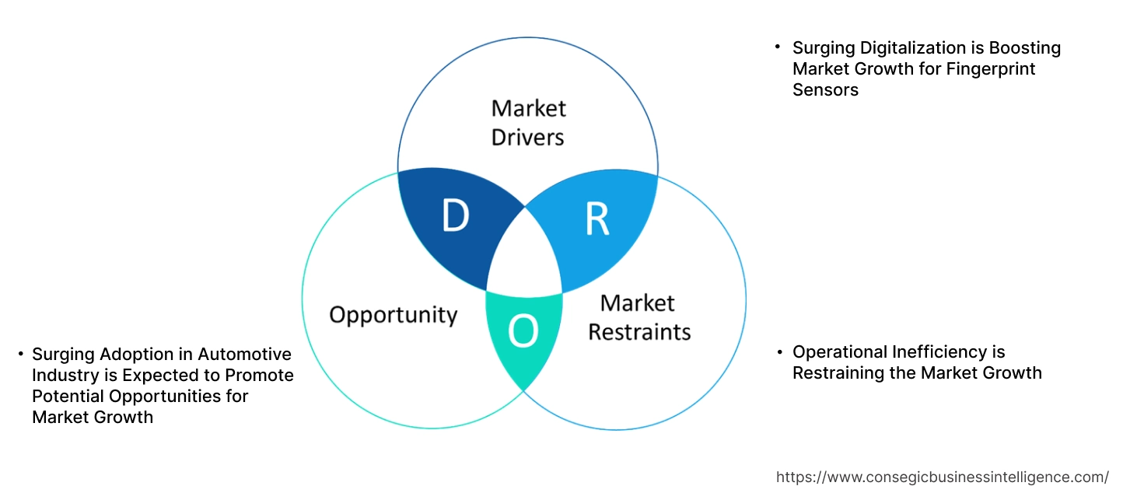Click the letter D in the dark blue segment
(x=455, y=216)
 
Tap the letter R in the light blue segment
(x=596, y=220)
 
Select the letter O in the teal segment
(x=523, y=332)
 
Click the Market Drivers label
(x=529, y=122)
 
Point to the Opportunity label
(x=393, y=315)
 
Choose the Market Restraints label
(x=638, y=316)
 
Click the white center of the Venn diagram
(x=524, y=256)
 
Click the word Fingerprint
(x=991, y=69)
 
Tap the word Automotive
(x=244, y=355)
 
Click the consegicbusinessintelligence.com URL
(x=943, y=477)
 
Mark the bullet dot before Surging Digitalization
(x=777, y=48)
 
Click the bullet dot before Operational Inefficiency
(x=779, y=352)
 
